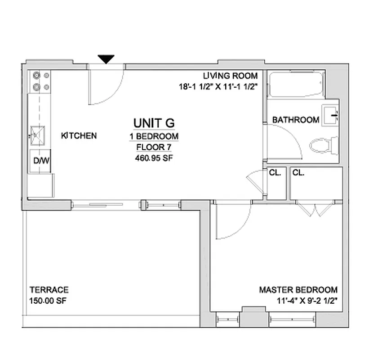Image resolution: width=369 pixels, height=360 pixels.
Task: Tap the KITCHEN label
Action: click(79, 135)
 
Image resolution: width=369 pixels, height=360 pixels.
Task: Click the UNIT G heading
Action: click(154, 122)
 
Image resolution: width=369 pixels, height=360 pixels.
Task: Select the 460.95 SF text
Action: click(154, 158)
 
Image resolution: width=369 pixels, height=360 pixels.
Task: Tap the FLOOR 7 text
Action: click(154, 147)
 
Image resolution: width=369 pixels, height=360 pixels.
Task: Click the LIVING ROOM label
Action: click(230, 76)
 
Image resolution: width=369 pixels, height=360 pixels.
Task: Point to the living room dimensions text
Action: click(218, 87)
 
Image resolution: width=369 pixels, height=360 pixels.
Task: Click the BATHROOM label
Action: click(296, 120)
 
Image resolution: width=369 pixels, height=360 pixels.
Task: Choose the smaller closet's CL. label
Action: click(275, 172)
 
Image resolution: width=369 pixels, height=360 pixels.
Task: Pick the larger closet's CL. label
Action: click(298, 172)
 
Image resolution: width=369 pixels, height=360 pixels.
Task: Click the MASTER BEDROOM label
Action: click(298, 290)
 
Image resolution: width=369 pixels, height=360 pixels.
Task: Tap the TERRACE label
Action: click(49, 290)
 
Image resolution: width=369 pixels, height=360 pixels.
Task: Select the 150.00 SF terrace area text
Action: click(48, 301)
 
